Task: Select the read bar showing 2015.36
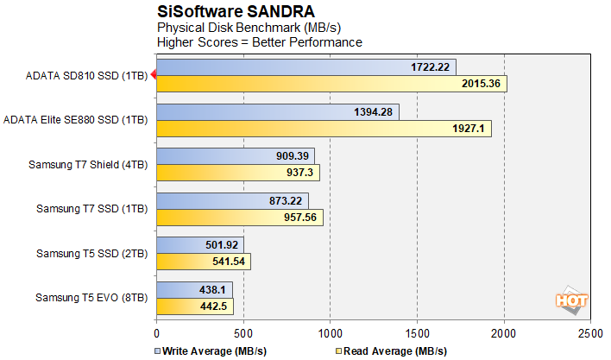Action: [331, 83]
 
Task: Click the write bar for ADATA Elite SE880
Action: [277, 112]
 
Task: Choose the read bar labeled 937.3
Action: [237, 173]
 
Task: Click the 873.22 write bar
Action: [231, 201]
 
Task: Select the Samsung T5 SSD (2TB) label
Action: [91, 254]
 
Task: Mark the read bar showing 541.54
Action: [203, 262]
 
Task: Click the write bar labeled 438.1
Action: [194, 290]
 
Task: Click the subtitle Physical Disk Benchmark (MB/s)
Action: [231, 27]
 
